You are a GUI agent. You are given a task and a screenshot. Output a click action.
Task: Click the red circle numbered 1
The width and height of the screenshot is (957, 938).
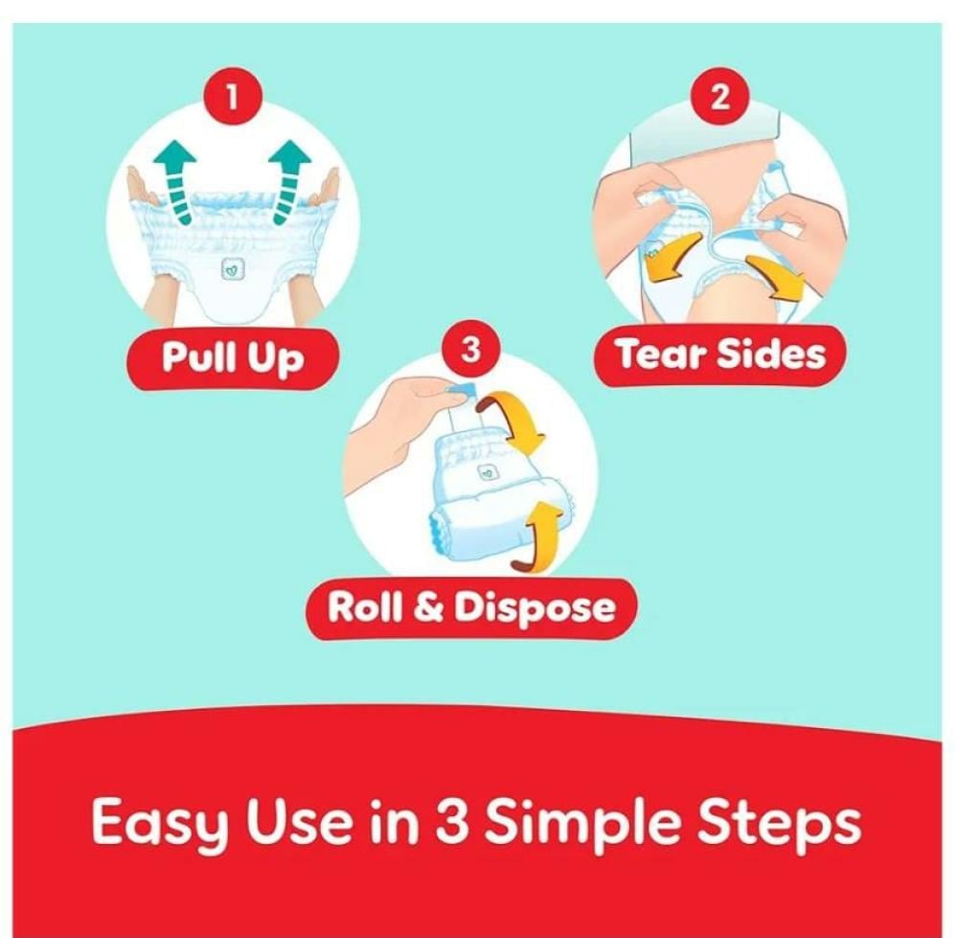coord(232,98)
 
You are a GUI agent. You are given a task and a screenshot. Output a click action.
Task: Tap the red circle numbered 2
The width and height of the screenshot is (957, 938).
coord(720,97)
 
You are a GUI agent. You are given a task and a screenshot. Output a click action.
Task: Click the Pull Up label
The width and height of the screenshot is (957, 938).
coord(232,356)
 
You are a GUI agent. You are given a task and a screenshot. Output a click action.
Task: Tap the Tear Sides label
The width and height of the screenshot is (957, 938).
coord(720,354)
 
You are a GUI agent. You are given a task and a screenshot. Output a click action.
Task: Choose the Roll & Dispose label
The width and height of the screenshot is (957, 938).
coord(471,607)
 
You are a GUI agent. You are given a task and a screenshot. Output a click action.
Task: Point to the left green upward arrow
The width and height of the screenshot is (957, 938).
coord(175,181)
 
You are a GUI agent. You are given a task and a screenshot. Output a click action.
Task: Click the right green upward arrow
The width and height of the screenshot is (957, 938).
coord(289,181)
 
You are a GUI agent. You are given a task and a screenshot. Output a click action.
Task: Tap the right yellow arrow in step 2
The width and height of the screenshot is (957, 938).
coord(775,278)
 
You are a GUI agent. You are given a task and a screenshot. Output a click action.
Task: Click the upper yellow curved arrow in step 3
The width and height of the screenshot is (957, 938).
coord(513,421)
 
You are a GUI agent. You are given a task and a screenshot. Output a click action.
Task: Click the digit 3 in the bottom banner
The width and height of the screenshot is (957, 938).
coord(452,821)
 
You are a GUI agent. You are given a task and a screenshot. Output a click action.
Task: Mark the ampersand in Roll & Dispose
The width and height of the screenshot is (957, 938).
coord(428,607)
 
